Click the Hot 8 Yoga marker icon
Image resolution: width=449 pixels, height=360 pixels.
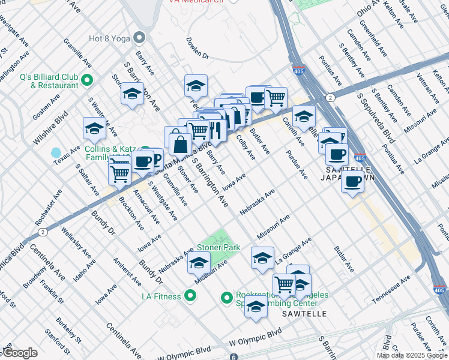tap(140, 38)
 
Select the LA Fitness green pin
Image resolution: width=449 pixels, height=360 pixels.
tap(190, 296)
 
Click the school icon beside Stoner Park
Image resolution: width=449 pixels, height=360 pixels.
tap(199, 263)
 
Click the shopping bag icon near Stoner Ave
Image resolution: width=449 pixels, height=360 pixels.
tap(180, 143)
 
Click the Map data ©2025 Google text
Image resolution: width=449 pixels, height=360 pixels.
tap(411, 355)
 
